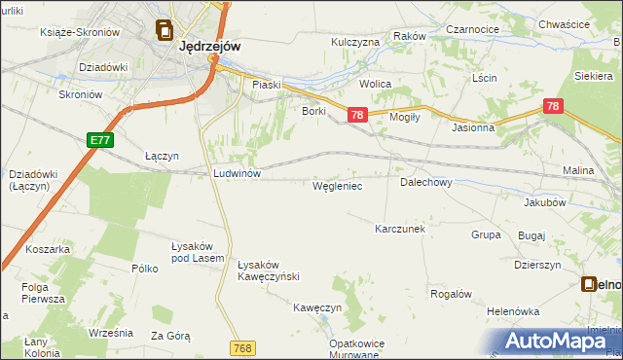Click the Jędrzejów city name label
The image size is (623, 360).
coord(210,45)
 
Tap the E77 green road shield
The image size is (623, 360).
coord(99,140)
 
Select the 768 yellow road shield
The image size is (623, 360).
coord(244,347)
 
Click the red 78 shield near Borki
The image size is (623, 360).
coord(356,115)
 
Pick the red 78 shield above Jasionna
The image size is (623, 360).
coord(553,106)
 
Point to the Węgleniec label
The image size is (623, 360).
coord(337,185)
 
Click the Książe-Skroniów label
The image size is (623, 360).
coord(80,32)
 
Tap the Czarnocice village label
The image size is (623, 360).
coord(472,30)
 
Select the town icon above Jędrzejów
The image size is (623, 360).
coord(164,31)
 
